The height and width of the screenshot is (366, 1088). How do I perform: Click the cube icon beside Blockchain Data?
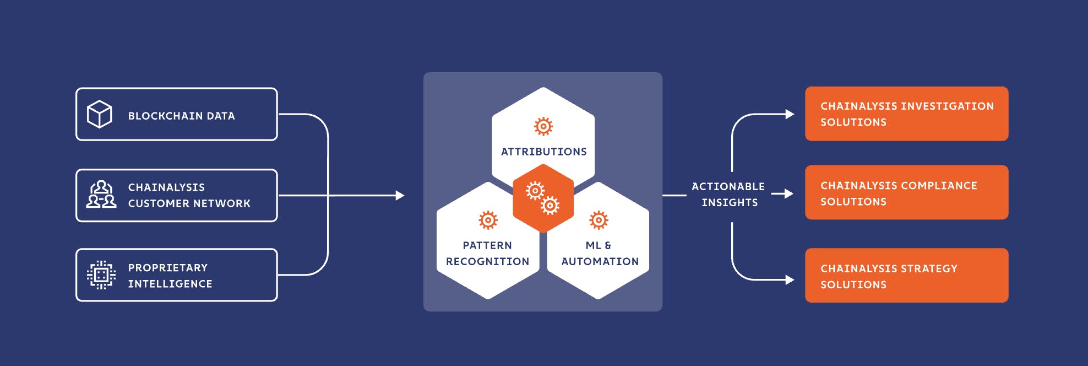tap(100, 114)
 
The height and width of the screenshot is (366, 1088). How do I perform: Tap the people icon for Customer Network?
tap(101, 195)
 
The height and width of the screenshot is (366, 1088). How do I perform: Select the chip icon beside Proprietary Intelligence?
tap(101, 274)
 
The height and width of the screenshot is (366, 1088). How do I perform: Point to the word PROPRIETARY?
tap(168, 267)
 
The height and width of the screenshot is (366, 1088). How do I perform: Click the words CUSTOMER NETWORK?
tap(189, 203)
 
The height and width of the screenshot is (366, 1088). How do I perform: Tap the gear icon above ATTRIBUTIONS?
tap(543, 126)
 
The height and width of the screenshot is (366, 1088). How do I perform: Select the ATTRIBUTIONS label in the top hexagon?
tap(543, 152)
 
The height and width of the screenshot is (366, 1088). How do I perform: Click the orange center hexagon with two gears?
tap(543, 198)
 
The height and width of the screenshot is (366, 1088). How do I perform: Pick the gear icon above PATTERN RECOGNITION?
tap(488, 220)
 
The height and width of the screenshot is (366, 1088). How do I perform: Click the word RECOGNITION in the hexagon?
tap(487, 261)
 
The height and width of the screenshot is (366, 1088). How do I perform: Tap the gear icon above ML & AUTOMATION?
tap(599, 220)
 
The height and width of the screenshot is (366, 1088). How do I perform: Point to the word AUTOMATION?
tap(600, 261)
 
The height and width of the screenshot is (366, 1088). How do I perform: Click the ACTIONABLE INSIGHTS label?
tap(728, 194)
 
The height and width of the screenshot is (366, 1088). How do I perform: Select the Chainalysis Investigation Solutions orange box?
tap(906, 114)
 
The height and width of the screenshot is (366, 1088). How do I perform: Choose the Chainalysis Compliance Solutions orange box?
tap(906, 192)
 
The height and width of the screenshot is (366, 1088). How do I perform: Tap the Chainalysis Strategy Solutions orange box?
tap(906, 276)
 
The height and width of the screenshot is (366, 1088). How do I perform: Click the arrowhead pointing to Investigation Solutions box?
tap(790, 114)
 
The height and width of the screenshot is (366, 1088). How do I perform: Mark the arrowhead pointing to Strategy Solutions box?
tap(790, 280)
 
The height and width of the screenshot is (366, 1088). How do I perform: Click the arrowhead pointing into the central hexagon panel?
tap(400, 196)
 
